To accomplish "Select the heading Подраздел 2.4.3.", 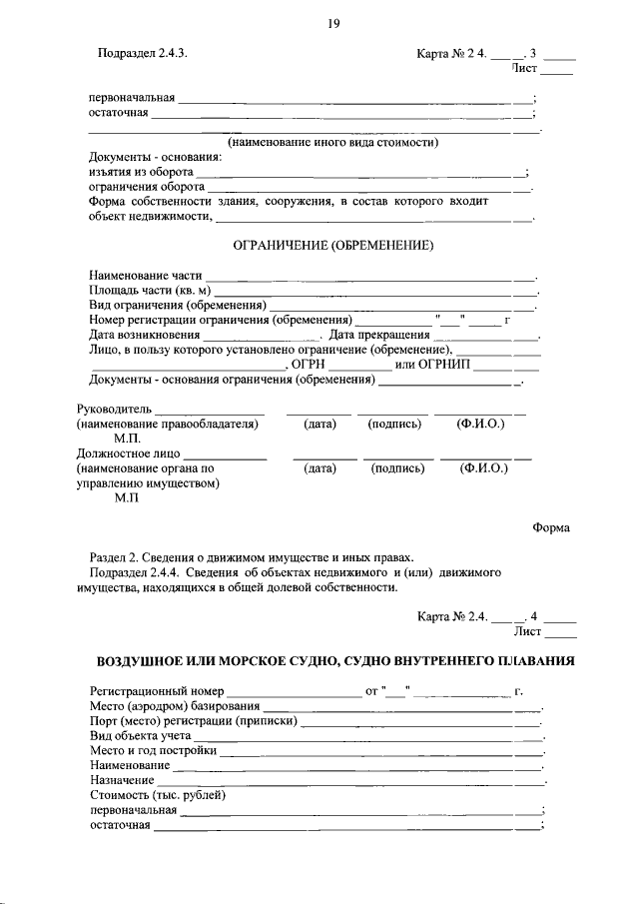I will point(143,54).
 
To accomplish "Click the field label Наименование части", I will point(145,275).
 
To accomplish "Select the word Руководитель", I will point(113,409).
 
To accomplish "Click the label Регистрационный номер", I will point(156,691).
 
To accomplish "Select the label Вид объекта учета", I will point(146,735).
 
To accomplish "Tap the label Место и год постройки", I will point(152,750).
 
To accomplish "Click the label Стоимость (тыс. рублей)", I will point(158,795).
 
